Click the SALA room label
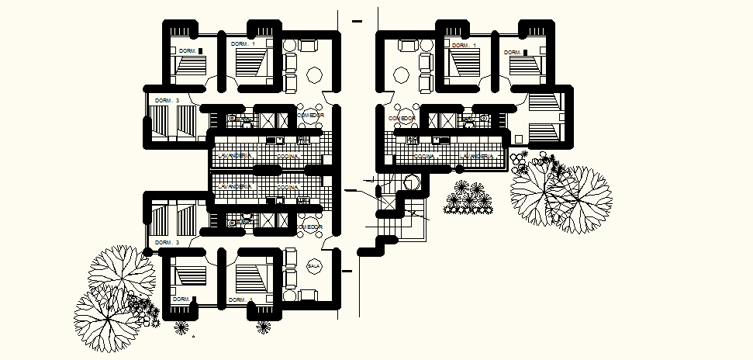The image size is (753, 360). (314, 265)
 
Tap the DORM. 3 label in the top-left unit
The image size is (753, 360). (167, 100)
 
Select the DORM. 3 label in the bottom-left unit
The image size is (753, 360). (167, 243)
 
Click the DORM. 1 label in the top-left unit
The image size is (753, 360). (244, 45)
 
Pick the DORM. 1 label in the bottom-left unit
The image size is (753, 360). (241, 299)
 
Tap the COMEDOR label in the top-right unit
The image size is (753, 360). (402, 117)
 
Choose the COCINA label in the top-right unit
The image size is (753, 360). (423, 157)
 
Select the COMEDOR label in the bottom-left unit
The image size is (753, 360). (309, 227)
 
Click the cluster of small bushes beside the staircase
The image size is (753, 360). (468, 199)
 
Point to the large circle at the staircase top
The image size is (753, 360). (411, 183)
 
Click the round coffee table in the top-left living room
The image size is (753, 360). (316, 75)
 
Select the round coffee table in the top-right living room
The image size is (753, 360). (400, 75)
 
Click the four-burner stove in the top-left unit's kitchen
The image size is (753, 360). (304, 140)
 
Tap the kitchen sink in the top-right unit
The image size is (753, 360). (440, 140)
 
